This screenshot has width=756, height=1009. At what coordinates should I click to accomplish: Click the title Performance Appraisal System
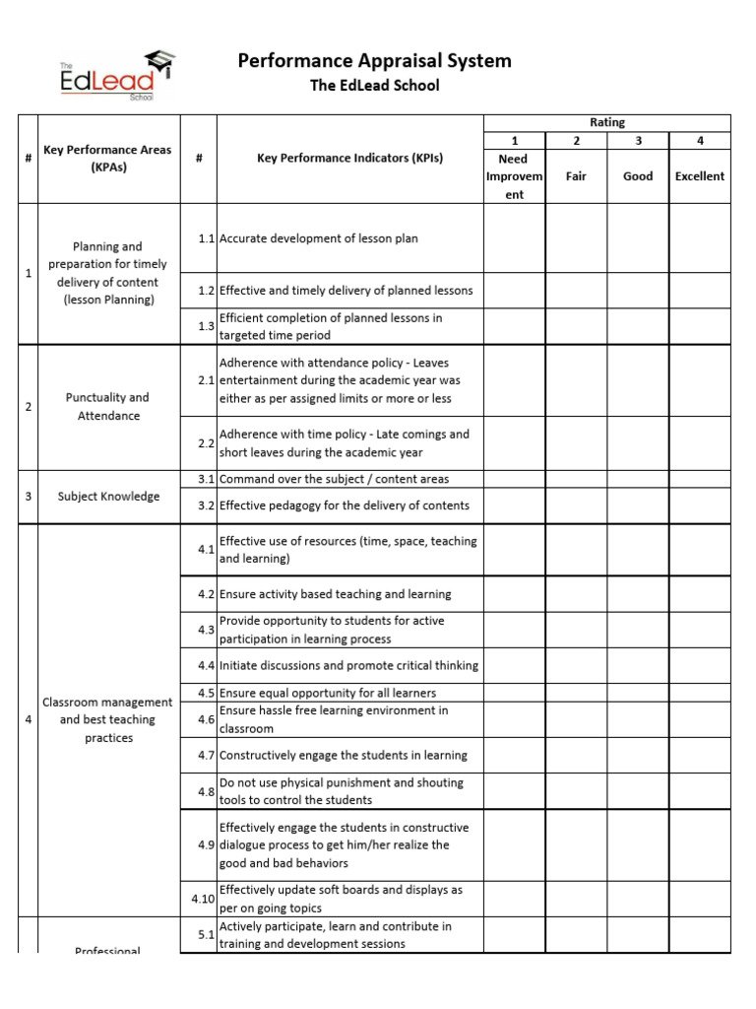374,61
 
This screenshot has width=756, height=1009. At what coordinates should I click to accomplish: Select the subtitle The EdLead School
374,86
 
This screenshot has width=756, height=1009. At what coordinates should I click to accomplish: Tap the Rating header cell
606,122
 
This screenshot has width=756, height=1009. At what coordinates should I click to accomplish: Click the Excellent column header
699,176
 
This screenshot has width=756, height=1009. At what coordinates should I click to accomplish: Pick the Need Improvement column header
513,176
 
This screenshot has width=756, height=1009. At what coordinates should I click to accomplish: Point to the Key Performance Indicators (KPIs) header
349,158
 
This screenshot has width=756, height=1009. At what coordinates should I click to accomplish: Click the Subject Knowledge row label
108,497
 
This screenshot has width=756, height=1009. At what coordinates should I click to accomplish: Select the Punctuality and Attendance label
108,407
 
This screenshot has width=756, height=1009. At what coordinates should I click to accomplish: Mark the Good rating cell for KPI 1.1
638,238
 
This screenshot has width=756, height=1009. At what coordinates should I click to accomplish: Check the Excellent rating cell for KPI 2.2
699,443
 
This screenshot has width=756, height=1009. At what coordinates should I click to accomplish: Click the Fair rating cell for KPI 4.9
576,845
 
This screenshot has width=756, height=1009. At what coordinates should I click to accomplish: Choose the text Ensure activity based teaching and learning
336,594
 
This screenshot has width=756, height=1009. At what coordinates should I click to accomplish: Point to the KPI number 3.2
205,505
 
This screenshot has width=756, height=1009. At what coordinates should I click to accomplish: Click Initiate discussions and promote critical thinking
348,665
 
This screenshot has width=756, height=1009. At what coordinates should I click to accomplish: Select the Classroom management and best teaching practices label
108,720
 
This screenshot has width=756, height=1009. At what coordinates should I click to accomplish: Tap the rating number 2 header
576,141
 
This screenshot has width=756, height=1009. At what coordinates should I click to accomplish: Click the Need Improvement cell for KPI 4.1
513,550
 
